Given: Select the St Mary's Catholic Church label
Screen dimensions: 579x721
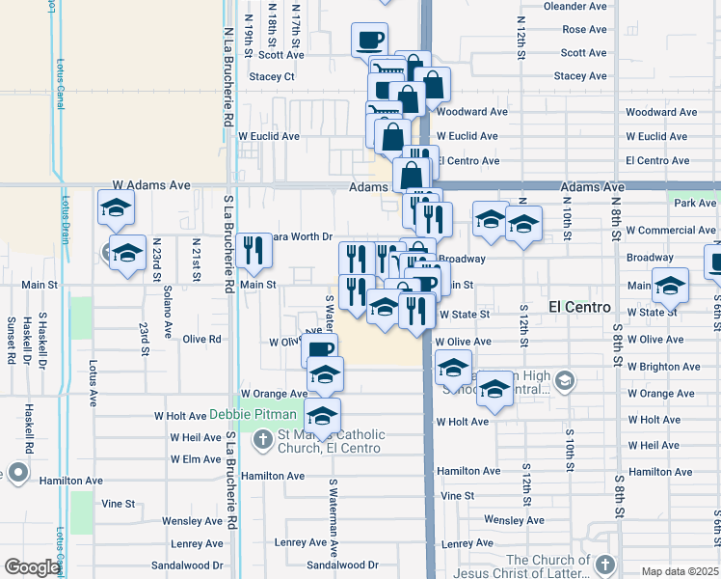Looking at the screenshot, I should (x=331, y=441).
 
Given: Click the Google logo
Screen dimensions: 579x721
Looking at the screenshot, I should (x=32, y=567).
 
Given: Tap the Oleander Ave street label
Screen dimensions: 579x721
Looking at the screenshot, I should (x=576, y=6).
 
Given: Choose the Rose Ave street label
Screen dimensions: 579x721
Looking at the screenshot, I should (x=584, y=30).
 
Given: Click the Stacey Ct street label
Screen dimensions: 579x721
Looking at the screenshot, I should (x=272, y=76).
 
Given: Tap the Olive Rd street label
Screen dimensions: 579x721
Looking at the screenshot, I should (x=202, y=339).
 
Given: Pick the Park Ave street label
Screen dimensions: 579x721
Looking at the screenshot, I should (x=696, y=203).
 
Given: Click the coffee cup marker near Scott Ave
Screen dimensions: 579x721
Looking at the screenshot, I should (x=370, y=40).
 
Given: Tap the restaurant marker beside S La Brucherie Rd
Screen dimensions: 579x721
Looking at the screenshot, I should (x=254, y=251).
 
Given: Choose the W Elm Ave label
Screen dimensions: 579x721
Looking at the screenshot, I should (x=197, y=459).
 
